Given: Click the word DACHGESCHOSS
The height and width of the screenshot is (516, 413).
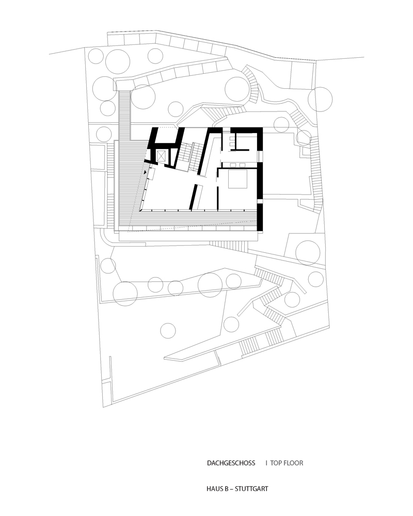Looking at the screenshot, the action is pyautogui.click(x=231, y=463).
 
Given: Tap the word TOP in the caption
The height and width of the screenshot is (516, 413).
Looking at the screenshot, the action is pyautogui.click(x=276, y=463).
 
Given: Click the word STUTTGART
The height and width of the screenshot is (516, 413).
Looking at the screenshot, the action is pyautogui.click(x=251, y=489).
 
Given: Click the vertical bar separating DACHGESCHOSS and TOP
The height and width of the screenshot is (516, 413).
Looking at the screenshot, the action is pyautogui.click(x=266, y=463).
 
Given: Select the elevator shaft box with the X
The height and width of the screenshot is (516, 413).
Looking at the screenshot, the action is pyautogui.click(x=162, y=155).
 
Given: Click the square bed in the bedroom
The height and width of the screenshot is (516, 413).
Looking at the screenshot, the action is pyautogui.click(x=237, y=180).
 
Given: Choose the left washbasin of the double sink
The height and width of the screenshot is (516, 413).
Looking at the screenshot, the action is pyautogui.click(x=233, y=165).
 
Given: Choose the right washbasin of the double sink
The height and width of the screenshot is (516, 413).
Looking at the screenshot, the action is pyautogui.click(x=243, y=165).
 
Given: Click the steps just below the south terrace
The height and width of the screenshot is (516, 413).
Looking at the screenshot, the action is pyautogui.click(x=229, y=244).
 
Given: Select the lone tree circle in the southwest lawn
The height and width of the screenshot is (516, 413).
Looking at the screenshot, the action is pyautogui.click(x=168, y=331).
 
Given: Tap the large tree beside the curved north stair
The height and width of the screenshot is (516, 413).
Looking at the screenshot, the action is pyautogui.click(x=237, y=89).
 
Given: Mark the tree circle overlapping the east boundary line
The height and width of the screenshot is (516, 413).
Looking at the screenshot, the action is pyautogui.click(x=320, y=99).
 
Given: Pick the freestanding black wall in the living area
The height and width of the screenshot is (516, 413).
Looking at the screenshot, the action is pyautogui.click(x=194, y=197).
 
